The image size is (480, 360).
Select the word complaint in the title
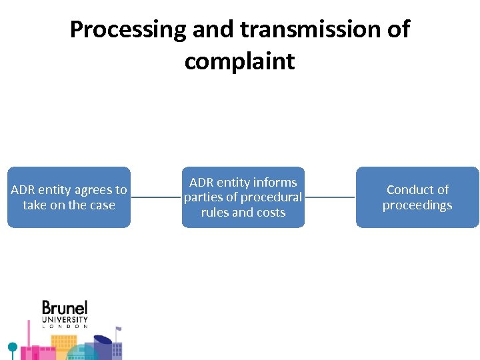click(x=239, y=61)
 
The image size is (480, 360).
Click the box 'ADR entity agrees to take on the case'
click(x=69, y=197)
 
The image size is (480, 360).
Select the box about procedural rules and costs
click(x=243, y=197)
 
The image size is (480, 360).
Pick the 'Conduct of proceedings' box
click(x=417, y=197)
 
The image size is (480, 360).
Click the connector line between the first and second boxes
click(x=156, y=197)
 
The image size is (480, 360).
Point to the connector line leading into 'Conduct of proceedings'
click(x=330, y=197)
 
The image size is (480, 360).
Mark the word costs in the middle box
click(x=271, y=213)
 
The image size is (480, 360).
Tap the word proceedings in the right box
click(x=417, y=205)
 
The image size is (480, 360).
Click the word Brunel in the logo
click(x=65, y=308)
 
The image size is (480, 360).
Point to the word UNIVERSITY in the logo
click(x=65, y=319)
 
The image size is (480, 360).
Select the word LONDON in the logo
click(x=65, y=327)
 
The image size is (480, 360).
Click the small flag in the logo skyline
click(x=118, y=329)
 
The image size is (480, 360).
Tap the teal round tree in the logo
click(x=12, y=347)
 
